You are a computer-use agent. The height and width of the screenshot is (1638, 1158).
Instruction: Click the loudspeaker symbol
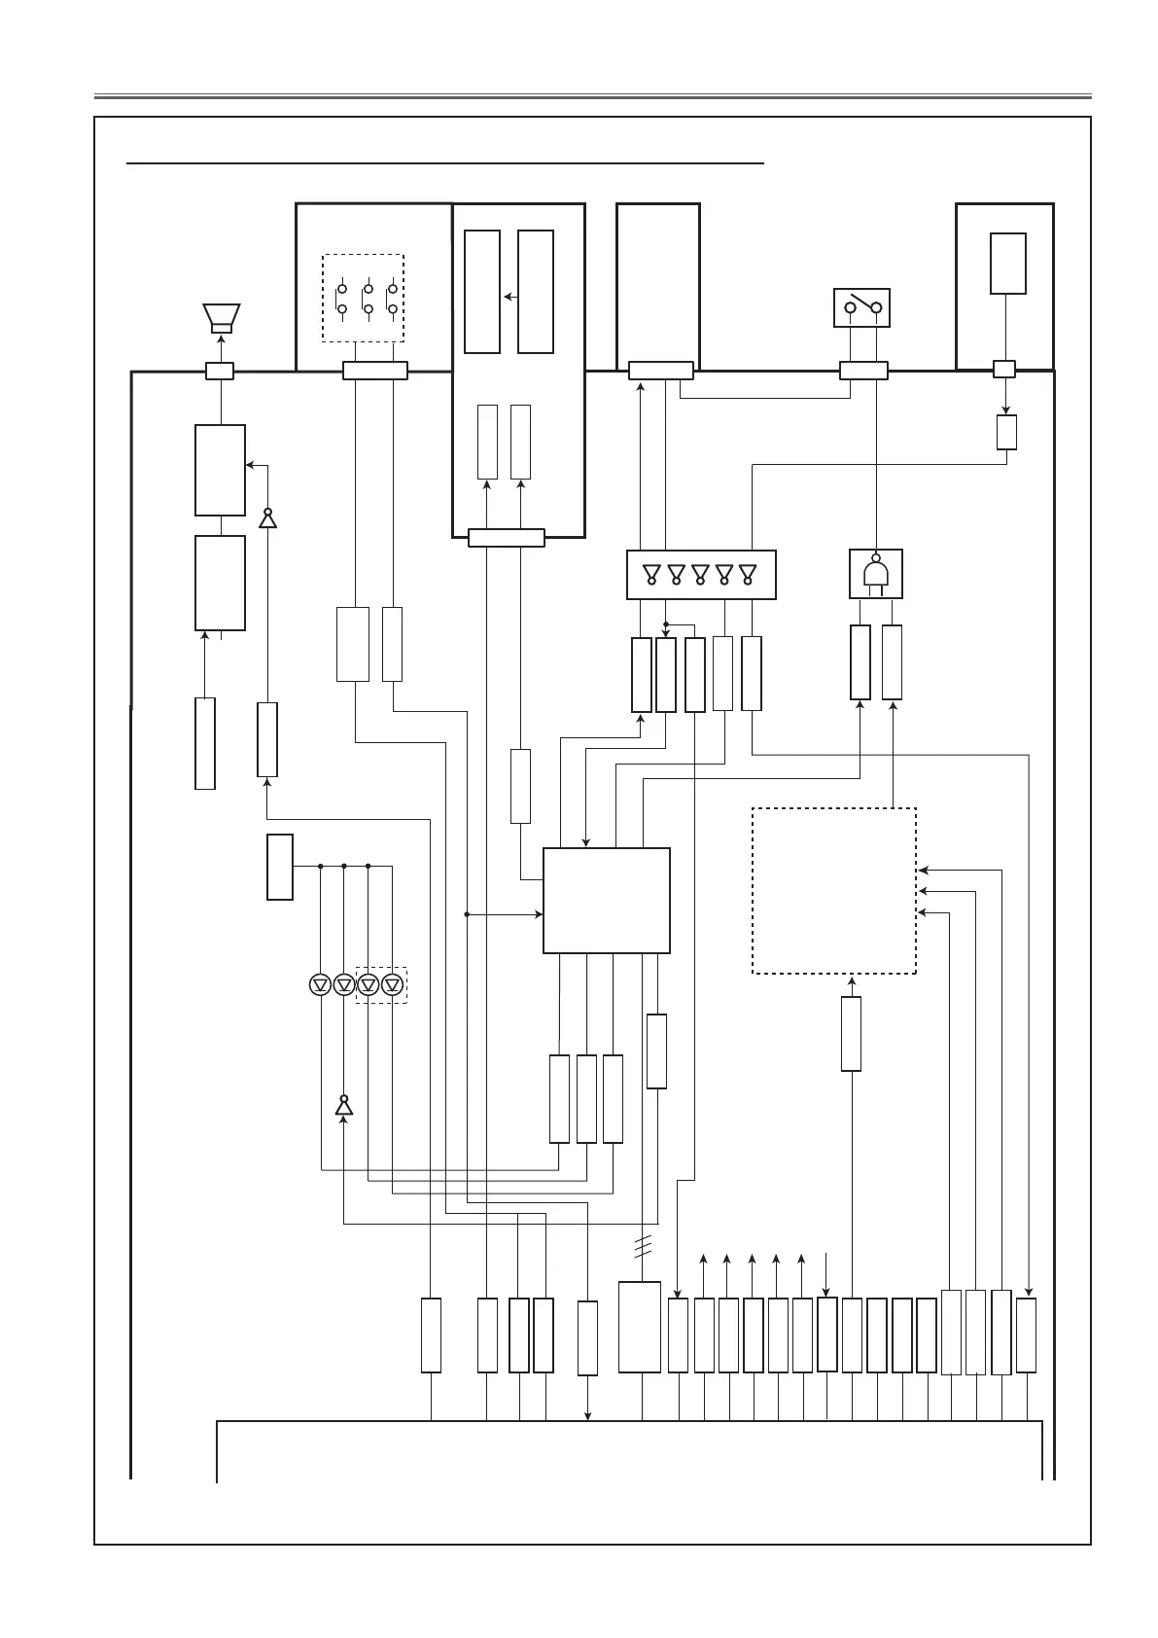click(221, 317)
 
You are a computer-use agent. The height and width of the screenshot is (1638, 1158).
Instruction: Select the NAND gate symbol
click(876, 574)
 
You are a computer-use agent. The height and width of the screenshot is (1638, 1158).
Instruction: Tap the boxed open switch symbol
click(862, 307)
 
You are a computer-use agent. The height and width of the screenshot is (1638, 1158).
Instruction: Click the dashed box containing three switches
click(363, 298)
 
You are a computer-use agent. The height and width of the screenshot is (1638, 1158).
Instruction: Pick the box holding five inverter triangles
click(701, 575)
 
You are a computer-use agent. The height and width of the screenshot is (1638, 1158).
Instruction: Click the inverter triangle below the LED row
click(343, 1105)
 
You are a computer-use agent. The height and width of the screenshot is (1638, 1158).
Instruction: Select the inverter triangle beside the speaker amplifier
click(267, 517)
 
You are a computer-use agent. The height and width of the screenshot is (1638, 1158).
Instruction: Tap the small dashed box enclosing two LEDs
click(381, 984)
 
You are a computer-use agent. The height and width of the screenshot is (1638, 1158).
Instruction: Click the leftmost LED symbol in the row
click(320, 984)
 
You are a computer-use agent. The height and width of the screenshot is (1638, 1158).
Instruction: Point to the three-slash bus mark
click(642, 1246)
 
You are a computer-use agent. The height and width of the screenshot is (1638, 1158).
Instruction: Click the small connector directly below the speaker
click(221, 371)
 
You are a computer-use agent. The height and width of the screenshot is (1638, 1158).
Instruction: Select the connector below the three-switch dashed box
click(375, 371)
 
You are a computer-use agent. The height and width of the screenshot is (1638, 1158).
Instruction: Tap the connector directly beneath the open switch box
click(862, 371)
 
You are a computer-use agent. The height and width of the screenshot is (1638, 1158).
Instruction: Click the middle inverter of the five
click(700, 574)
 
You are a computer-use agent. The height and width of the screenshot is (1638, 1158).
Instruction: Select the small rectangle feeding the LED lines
click(280, 867)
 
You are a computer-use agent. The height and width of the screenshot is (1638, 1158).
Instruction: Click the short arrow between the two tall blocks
click(509, 296)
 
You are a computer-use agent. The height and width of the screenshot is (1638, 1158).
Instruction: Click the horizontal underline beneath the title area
click(445, 164)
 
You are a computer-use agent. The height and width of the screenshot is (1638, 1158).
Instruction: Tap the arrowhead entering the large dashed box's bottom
click(852, 980)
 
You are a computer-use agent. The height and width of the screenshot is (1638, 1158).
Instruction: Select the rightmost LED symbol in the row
click(393, 984)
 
